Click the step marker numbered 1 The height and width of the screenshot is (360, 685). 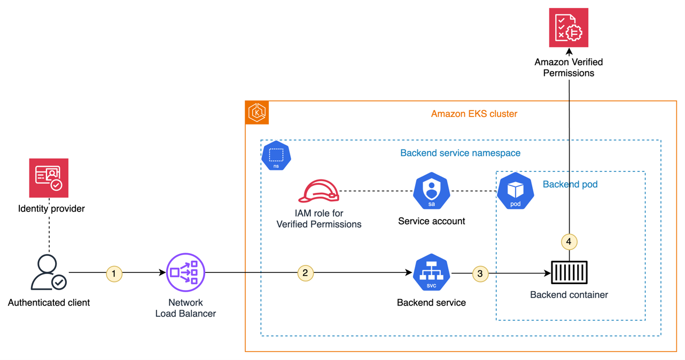[x=114, y=273]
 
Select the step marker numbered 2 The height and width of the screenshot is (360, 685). [x=305, y=273]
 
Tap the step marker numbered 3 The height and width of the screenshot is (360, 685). [x=480, y=273]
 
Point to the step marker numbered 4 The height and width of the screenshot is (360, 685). [x=569, y=242]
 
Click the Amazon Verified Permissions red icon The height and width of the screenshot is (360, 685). [x=569, y=28]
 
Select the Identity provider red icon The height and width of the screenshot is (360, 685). [x=49, y=178]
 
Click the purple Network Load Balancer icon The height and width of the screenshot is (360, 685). [x=185, y=272]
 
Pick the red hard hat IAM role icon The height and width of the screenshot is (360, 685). [x=319, y=191]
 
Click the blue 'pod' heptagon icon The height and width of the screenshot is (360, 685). [x=516, y=191]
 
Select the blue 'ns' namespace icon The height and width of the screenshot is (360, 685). [x=276, y=156]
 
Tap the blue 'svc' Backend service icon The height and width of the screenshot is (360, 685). [x=431, y=272]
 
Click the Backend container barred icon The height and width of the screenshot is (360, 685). [x=569, y=272]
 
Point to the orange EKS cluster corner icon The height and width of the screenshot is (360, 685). [x=257, y=113]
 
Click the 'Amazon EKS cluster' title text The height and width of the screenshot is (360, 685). [x=474, y=114]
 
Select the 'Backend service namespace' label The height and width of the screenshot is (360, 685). [x=460, y=153]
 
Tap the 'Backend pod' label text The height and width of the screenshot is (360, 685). [x=570, y=184]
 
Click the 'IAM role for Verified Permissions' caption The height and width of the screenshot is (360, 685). [x=319, y=219]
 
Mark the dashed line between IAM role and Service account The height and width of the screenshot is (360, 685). [x=376, y=191]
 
